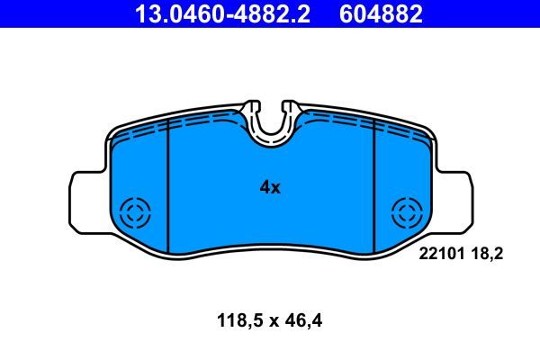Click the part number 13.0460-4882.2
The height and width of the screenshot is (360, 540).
(221, 14)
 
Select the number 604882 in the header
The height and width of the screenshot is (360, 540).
(379, 14)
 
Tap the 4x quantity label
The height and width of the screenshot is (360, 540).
(270, 187)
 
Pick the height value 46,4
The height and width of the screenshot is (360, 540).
(303, 319)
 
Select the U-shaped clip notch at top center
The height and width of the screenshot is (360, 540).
(270, 126)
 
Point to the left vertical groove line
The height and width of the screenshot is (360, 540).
(169, 189)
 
